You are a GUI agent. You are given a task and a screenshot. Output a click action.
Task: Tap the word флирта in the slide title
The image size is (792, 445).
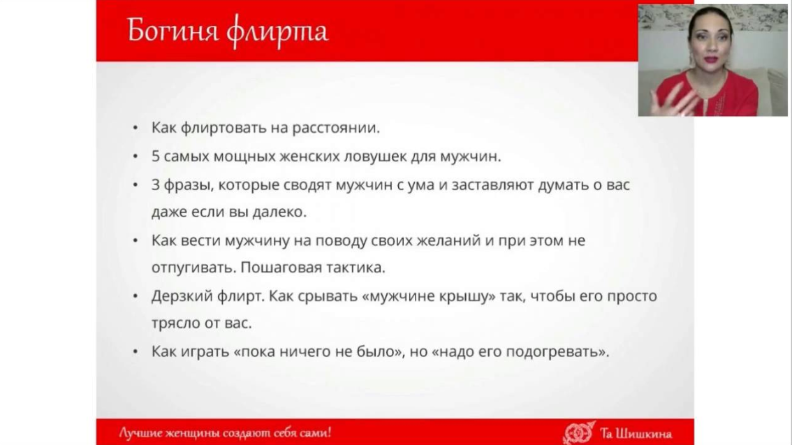pos(277,31)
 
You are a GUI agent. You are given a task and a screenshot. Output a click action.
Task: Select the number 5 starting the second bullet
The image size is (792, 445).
pos(156,156)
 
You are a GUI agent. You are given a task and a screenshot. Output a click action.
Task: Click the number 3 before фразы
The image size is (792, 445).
pos(156,184)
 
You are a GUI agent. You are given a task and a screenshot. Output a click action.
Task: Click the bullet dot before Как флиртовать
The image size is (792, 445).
pos(135,129)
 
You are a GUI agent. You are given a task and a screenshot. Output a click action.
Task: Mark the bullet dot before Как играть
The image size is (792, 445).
pos(135,351)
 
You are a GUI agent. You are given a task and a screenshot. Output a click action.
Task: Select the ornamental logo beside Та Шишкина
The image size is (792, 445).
pos(579,433)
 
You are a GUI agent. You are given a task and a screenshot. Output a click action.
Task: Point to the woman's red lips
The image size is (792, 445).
pos(711,59)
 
